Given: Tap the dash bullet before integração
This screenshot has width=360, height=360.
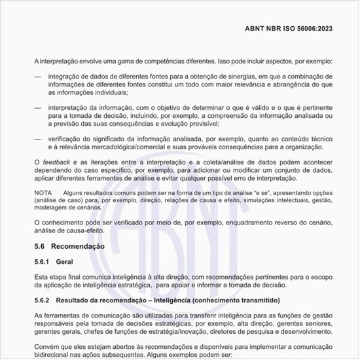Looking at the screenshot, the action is point(37,77).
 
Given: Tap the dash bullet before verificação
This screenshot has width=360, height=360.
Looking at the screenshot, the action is point(37,139).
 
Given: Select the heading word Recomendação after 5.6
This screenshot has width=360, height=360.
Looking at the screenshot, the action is point(77,247).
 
